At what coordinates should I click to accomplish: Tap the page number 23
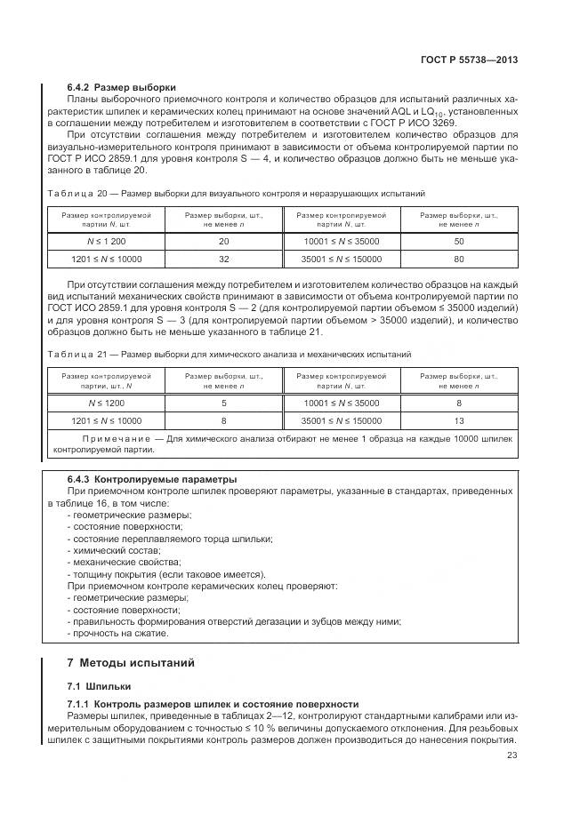pos(512,755)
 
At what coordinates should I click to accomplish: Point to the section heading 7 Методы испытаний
pos(131,662)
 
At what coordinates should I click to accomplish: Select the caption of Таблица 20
pos(236,192)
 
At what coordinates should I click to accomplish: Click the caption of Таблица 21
pos(230,354)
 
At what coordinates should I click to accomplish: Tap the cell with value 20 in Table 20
pos(223,241)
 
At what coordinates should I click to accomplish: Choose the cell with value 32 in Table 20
pos(223,259)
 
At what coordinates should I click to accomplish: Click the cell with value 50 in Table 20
pos(458,241)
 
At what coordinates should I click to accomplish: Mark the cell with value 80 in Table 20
pos(458,259)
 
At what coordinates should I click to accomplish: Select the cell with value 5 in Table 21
pos(223,403)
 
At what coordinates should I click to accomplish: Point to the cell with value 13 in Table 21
pos(458,420)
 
